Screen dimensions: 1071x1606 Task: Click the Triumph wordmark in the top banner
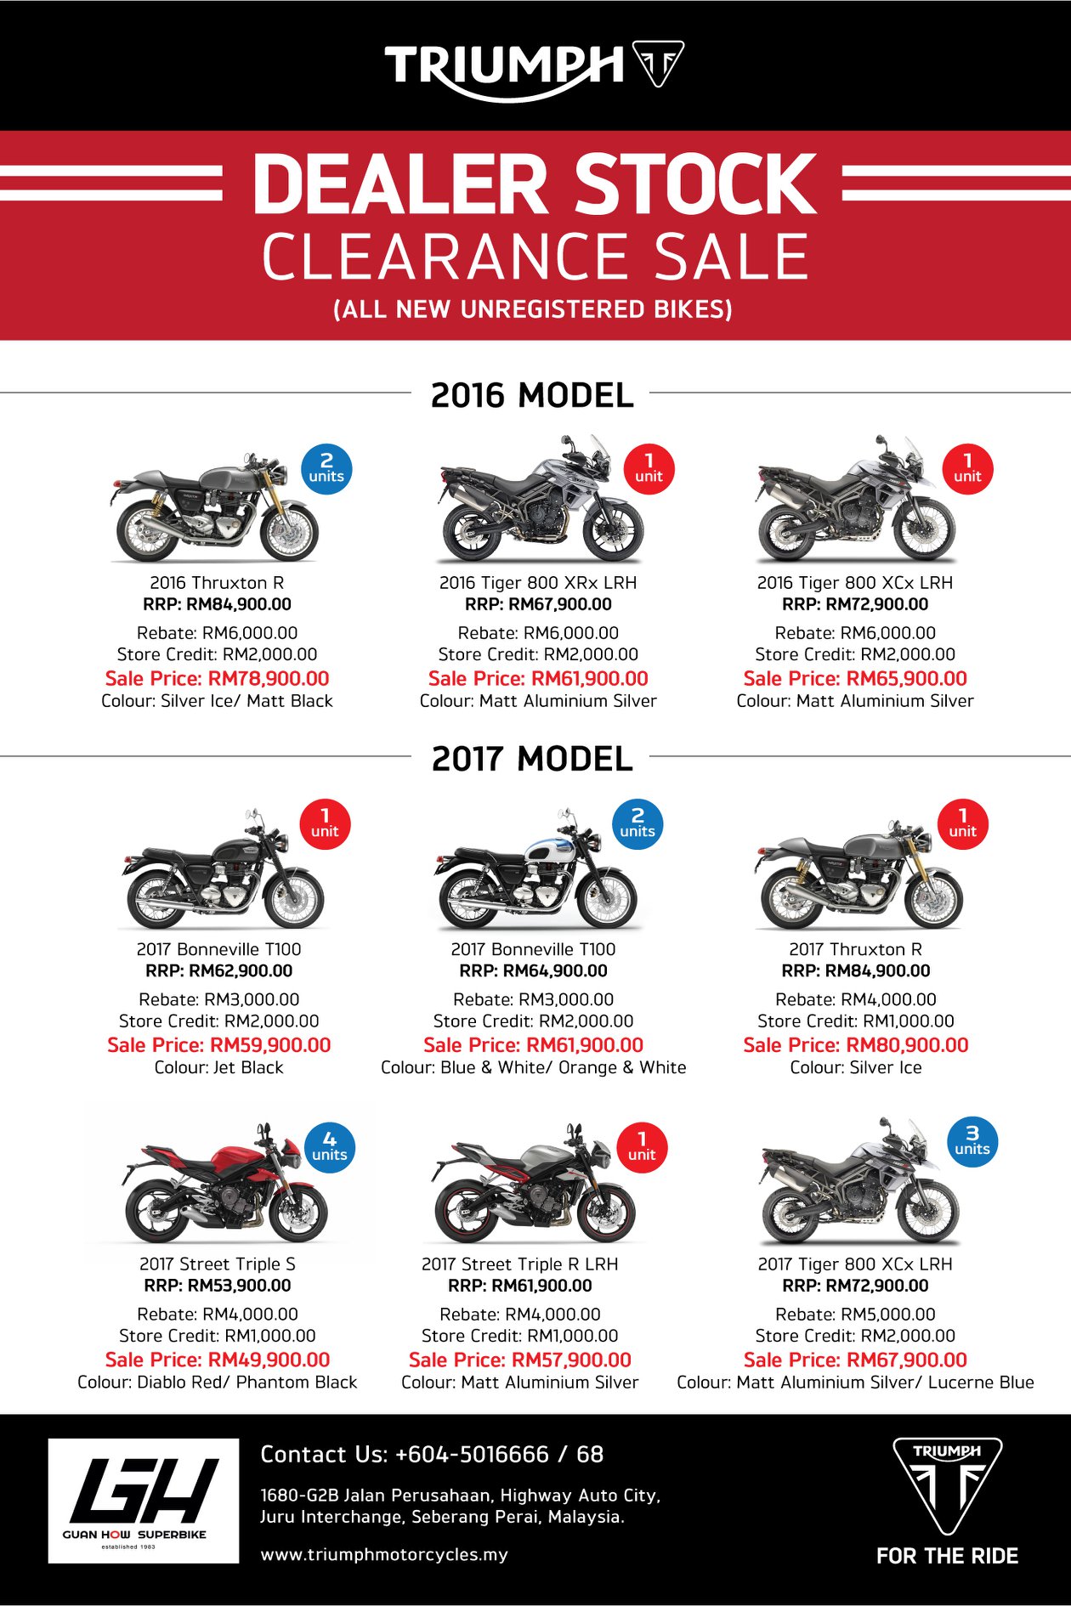coord(505,68)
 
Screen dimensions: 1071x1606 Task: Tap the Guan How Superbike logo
coord(143,1501)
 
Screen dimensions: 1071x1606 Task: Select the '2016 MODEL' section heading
coord(532,395)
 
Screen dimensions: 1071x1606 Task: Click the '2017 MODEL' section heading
coord(532,759)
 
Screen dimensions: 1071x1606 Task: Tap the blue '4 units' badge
coord(330,1147)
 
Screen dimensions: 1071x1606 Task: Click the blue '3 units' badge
coord(972,1141)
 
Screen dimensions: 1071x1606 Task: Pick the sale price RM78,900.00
coord(217,678)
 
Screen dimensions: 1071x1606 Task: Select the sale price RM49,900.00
coord(218,1360)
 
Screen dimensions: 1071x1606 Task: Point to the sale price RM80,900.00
coord(855,1044)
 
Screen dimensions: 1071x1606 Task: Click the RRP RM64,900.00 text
coord(534,970)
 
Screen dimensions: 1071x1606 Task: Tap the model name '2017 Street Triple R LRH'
coord(520,1264)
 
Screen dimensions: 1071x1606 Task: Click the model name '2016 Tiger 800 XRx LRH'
coord(538,582)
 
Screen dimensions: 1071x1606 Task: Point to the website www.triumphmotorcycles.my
coord(384,1554)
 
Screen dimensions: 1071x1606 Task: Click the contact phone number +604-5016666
coord(472,1454)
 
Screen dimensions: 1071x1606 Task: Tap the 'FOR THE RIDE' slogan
coord(947,1556)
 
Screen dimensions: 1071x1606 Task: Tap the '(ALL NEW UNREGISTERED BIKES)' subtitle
coord(533,308)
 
